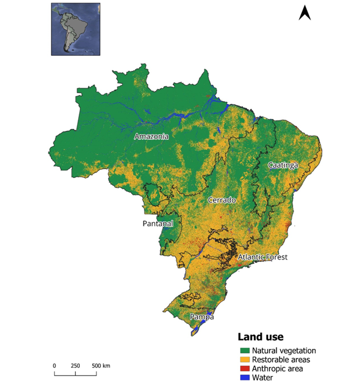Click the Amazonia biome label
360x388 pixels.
pos(151,136)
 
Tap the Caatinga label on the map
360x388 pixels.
pos(283,165)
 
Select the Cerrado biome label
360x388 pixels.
pos(222,200)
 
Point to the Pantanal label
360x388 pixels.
pos(156,224)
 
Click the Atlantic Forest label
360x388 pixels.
pos(262,257)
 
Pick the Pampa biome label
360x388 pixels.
pos(202,317)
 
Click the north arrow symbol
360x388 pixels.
pos(305,13)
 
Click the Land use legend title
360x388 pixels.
pos(261,337)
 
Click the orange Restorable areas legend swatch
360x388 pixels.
pos(244,360)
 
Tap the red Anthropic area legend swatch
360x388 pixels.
pos(244,369)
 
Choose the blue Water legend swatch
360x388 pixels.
pos(244,378)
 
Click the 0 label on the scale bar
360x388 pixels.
pos(55,366)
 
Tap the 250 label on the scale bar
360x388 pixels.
pos(75,366)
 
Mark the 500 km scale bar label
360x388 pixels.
pos(100,366)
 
